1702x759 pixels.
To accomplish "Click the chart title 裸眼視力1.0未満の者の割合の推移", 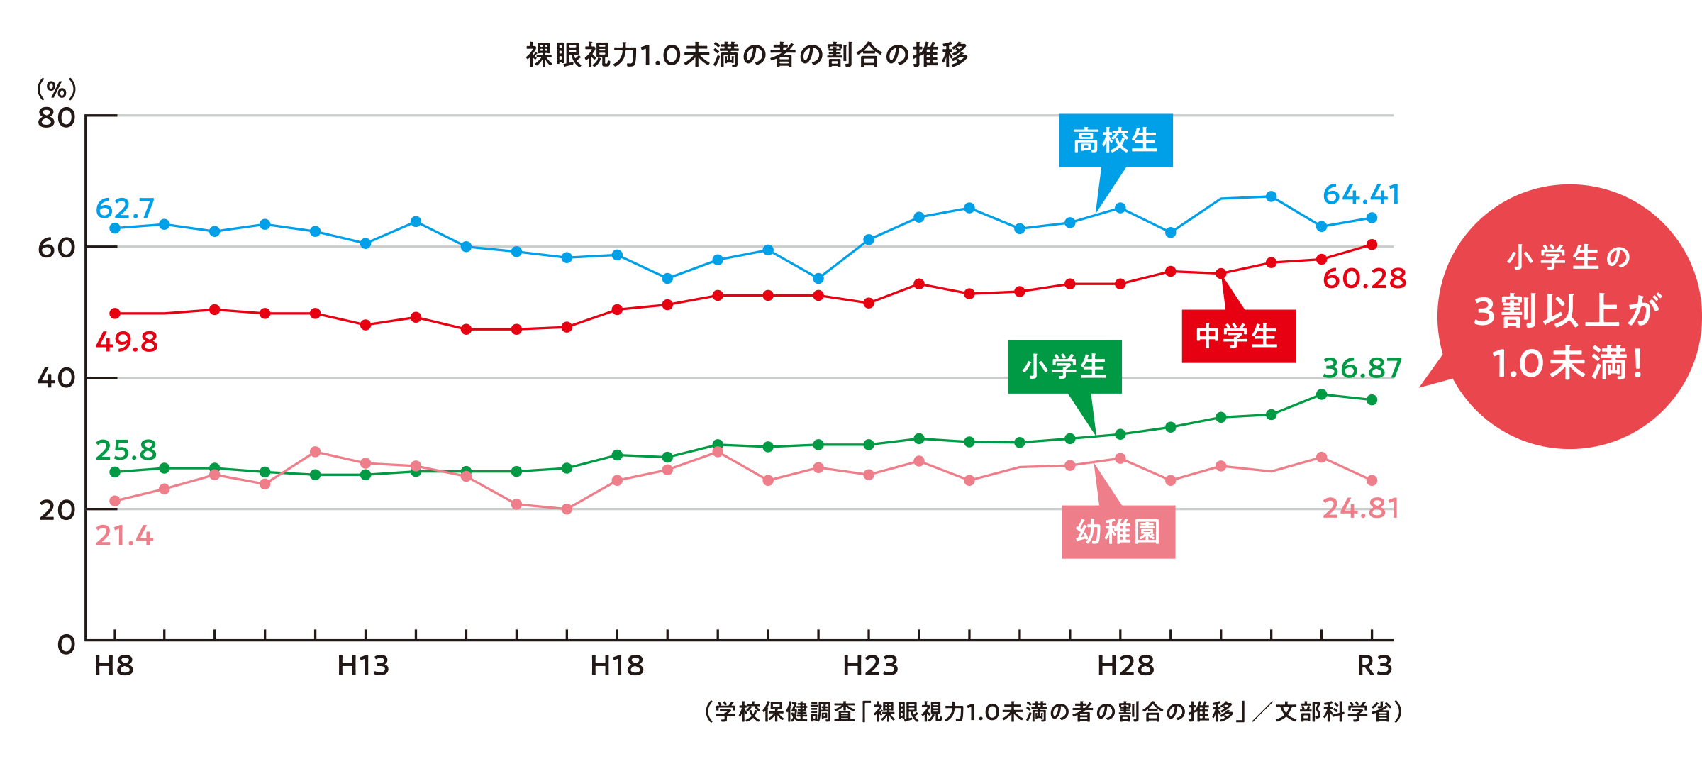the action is pyautogui.click(x=747, y=55).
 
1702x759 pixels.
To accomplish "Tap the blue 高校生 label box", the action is pyautogui.click(x=1116, y=140).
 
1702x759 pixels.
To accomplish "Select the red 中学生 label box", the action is pyautogui.click(x=1238, y=336).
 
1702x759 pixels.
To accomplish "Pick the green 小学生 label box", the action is pyautogui.click(x=1064, y=367).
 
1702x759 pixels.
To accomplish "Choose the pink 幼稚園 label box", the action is pyautogui.click(x=1118, y=532).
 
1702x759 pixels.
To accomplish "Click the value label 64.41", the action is pyautogui.click(x=1362, y=194).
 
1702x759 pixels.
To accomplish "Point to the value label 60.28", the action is pyautogui.click(x=1364, y=279).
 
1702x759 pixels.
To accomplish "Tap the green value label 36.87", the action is pyautogui.click(x=1362, y=368).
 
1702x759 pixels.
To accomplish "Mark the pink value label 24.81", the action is pyautogui.click(x=1361, y=509).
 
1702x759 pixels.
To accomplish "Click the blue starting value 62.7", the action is pyautogui.click(x=125, y=209).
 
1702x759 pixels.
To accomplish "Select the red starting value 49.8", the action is pyautogui.click(x=127, y=342).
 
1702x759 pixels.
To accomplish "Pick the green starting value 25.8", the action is pyautogui.click(x=126, y=450).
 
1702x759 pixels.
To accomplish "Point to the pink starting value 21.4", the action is pyautogui.click(x=124, y=536).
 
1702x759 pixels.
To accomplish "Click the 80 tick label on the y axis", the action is pyautogui.click(x=57, y=118).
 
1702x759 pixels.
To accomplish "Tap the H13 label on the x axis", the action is pyautogui.click(x=363, y=666).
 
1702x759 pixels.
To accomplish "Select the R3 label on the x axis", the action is pyautogui.click(x=1375, y=666).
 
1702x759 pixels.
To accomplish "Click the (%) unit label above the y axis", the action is pyautogui.click(x=57, y=89).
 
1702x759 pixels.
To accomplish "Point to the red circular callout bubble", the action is pyautogui.click(x=1569, y=316).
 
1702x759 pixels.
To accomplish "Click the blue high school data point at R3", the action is pyautogui.click(x=1372, y=218).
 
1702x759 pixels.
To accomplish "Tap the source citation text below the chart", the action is pyautogui.click(x=1054, y=711).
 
